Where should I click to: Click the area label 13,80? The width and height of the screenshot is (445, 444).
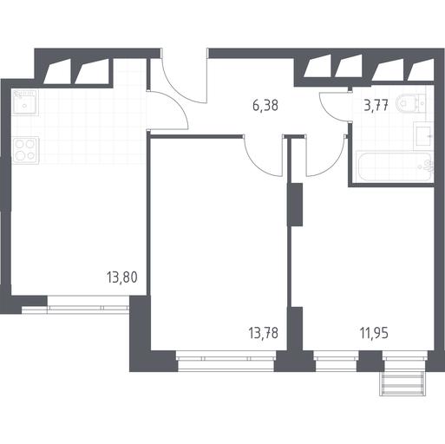(122, 277)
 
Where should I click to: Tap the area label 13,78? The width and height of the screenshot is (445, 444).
(263, 333)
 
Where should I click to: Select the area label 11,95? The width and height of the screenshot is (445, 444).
(374, 333)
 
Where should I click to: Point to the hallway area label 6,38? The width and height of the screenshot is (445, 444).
(265, 105)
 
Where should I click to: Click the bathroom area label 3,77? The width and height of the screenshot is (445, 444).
(376, 105)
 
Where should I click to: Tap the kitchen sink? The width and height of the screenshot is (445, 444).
(25, 102)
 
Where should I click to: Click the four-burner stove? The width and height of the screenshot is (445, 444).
(25, 150)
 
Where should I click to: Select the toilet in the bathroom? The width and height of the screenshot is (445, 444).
(412, 103)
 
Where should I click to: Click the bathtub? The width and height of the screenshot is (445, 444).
(395, 166)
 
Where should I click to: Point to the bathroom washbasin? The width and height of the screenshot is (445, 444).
(424, 136)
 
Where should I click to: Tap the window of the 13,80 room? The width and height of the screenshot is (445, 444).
(88, 304)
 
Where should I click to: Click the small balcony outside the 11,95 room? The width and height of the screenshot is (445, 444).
(402, 383)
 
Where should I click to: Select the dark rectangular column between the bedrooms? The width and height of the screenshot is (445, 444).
(295, 205)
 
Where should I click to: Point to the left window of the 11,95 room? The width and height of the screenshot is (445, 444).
(336, 361)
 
